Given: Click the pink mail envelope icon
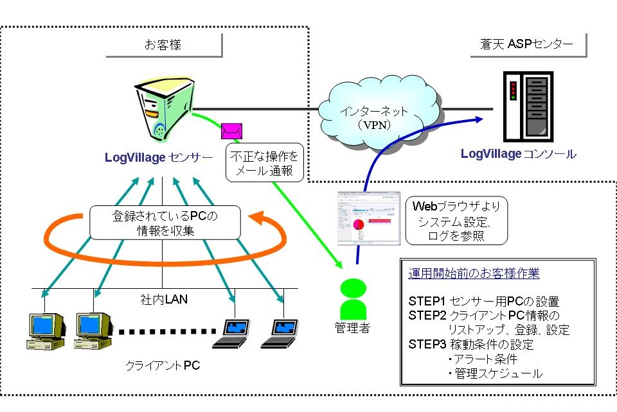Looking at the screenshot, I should pyautogui.click(x=231, y=131).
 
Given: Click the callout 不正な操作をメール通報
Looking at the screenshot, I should pyautogui.click(x=263, y=163).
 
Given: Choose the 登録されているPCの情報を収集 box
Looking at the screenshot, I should pyautogui.click(x=165, y=222).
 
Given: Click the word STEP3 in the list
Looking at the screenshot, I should pyautogui.click(x=423, y=345).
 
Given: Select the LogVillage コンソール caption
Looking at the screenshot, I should pyautogui.click(x=518, y=154).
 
